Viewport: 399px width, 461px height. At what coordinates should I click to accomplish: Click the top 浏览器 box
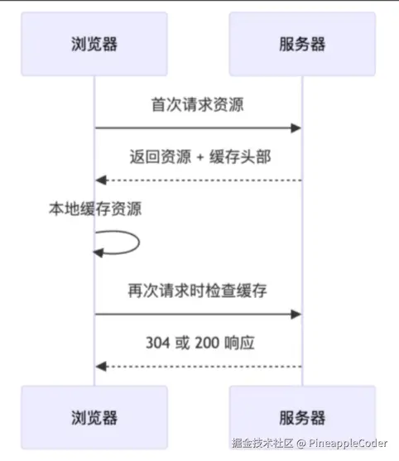point(94,44)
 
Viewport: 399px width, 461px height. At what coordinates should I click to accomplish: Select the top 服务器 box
point(302,44)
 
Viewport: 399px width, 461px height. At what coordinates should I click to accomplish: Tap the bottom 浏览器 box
point(94,417)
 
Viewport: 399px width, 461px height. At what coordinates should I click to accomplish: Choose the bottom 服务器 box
point(302,417)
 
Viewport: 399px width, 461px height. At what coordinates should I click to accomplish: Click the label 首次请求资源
point(198,104)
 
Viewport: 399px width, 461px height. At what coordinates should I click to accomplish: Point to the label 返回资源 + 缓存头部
point(200,156)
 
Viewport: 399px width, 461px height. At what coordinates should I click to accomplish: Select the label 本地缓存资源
point(95,209)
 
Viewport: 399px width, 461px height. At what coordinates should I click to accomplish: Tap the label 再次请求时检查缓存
point(198,291)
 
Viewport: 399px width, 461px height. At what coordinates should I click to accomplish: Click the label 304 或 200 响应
point(200,343)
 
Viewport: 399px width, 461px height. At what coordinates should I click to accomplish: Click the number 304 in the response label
point(158,343)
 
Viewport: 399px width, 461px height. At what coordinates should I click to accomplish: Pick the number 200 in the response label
point(207,343)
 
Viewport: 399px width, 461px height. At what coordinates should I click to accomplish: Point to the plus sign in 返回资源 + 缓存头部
point(200,157)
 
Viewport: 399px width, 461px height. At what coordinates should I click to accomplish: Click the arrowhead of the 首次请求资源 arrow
point(296,128)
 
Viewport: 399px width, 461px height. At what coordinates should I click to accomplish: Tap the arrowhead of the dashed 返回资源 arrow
point(101,180)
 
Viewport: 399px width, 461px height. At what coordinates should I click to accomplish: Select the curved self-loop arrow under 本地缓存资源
point(139,243)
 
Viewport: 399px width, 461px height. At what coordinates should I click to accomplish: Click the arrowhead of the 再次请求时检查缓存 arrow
point(296,315)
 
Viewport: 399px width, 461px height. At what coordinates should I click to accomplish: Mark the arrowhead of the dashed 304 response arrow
point(101,367)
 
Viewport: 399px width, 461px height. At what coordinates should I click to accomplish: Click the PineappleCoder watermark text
point(348,444)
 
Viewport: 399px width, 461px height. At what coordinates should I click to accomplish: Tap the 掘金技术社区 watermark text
point(262,443)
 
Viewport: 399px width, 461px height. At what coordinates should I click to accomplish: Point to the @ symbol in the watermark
point(301,444)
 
